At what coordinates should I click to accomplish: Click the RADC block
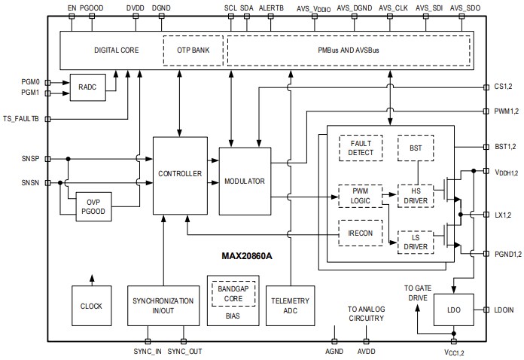[87, 87]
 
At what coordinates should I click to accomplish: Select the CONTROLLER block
[179, 173]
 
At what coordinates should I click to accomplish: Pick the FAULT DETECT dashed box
[355, 148]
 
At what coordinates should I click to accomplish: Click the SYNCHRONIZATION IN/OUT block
[163, 306]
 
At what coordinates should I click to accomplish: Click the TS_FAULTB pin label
[23, 119]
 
